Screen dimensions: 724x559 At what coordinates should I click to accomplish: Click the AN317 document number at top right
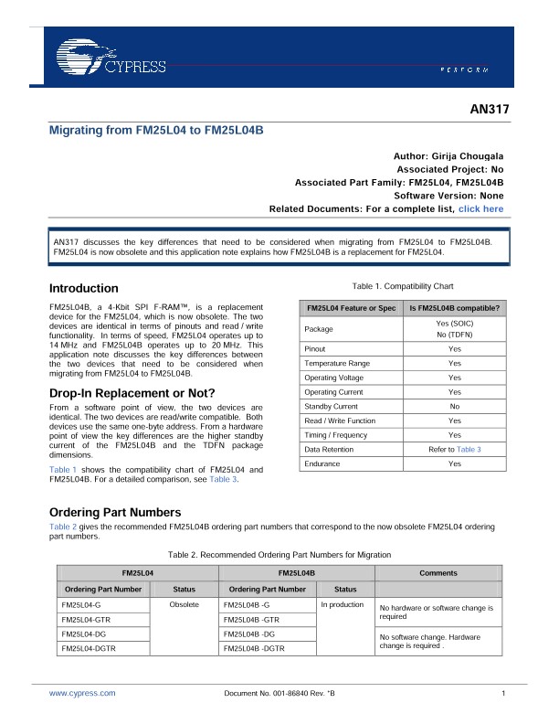(x=489, y=110)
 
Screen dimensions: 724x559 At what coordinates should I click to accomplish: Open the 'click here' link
(x=480, y=208)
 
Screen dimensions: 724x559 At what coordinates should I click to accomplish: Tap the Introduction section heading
(x=83, y=288)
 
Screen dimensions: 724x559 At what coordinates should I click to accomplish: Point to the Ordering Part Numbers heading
(x=115, y=512)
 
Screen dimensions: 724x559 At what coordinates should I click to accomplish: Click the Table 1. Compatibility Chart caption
(x=396, y=286)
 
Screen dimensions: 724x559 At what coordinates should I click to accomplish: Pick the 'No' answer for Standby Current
(x=454, y=406)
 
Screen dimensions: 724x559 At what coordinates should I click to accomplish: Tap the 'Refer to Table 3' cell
(x=454, y=450)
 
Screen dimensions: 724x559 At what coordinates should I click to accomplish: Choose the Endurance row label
(x=322, y=464)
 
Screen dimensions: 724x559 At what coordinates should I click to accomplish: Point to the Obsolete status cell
(x=185, y=605)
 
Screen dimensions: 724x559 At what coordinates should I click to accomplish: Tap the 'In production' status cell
(x=343, y=605)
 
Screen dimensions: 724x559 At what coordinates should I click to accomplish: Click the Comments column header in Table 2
(x=438, y=571)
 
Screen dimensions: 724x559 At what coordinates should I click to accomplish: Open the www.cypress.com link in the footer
(x=82, y=694)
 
